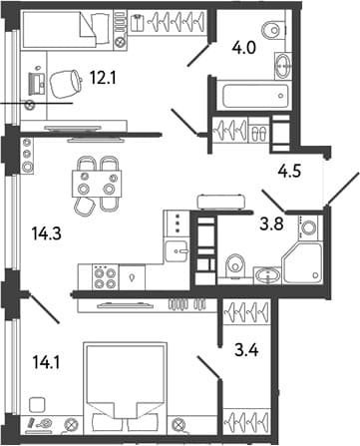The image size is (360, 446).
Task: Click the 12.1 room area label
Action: tap(103, 79)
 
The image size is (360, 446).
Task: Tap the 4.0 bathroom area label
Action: tap(243, 49)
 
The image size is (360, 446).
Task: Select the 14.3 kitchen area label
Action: tap(47, 233)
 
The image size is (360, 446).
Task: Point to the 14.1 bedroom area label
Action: tap(46, 362)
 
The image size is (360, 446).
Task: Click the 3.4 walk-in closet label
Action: tap(246, 350)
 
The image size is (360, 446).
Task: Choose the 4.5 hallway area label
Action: tap(289, 172)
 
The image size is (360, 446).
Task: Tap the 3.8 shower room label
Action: tap(271, 223)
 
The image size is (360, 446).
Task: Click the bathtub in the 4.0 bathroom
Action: tap(255, 96)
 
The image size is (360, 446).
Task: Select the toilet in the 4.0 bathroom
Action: tap(273, 30)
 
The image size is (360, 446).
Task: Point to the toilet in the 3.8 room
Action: tap(235, 266)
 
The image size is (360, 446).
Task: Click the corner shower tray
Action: tap(302, 263)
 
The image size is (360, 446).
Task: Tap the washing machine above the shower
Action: tap(308, 227)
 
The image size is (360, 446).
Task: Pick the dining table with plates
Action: tap(97, 184)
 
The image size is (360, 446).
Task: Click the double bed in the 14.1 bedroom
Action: tap(126, 388)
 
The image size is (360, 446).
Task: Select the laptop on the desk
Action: tap(37, 84)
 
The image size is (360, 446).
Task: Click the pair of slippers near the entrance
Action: tap(258, 134)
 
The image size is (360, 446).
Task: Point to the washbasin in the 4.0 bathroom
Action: tap(283, 66)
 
